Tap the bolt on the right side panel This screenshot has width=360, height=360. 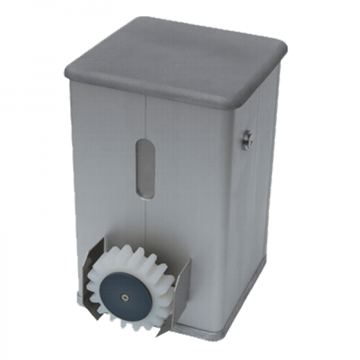(247, 139)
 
